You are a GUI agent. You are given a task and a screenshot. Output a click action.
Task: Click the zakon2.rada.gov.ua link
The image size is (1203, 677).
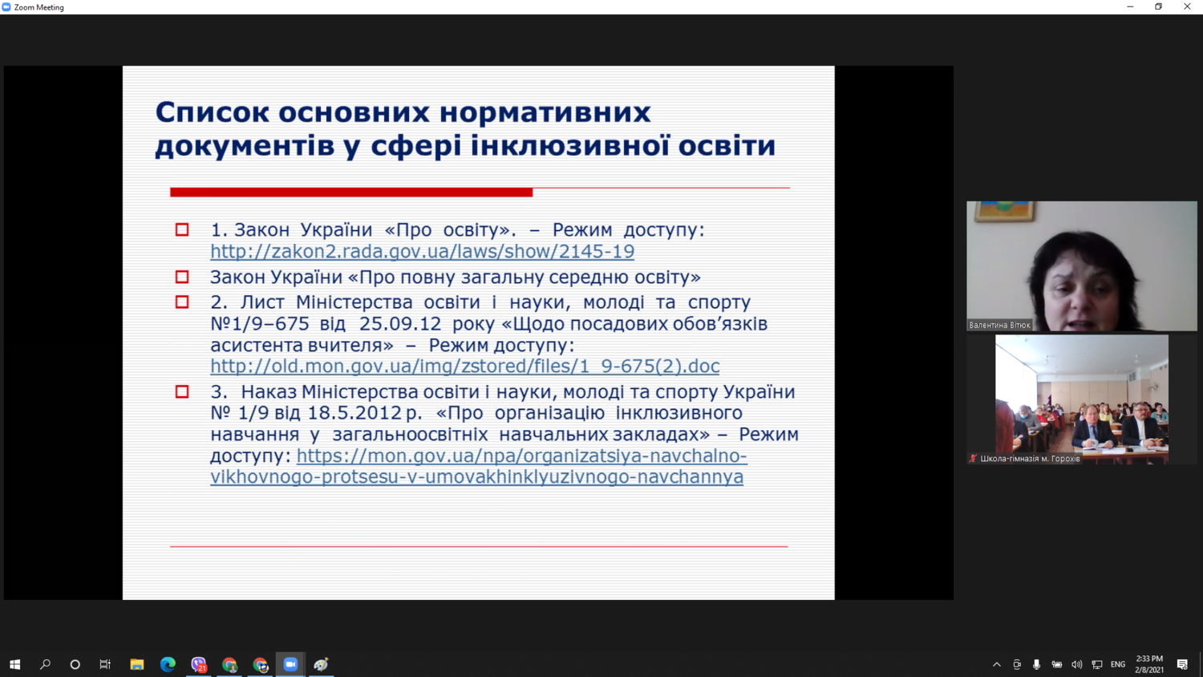(x=422, y=251)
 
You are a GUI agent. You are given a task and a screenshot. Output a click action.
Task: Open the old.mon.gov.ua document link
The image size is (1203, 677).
(x=464, y=366)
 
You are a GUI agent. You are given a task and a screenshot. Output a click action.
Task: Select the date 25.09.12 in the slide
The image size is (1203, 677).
(x=400, y=323)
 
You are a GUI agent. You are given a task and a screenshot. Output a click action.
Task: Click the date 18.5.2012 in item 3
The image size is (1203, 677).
(x=354, y=412)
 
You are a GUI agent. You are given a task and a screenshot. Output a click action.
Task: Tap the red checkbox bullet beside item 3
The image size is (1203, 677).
(x=182, y=391)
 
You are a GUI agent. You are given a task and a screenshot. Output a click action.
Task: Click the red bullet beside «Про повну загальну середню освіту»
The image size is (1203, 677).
(x=182, y=277)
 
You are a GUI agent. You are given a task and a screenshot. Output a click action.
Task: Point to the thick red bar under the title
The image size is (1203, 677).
(x=351, y=192)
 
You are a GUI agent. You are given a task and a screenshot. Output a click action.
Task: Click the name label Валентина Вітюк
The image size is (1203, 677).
(x=999, y=325)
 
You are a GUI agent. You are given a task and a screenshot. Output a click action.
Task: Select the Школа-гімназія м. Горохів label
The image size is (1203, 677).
(x=1030, y=458)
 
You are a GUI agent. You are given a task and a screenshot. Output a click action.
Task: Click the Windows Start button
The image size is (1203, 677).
(x=15, y=665)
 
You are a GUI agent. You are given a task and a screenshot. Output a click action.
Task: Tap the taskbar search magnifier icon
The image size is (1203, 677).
(x=45, y=665)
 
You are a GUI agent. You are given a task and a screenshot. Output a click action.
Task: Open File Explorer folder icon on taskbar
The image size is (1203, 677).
(x=137, y=665)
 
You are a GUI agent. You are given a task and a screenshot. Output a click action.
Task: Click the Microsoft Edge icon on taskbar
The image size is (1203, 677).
(x=168, y=665)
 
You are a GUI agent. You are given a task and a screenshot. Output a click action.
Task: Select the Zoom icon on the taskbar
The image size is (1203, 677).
(x=290, y=665)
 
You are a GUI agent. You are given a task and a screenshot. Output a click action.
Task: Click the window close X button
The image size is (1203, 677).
(x=1187, y=7)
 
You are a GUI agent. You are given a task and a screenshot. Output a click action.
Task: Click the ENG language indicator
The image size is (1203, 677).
(x=1118, y=665)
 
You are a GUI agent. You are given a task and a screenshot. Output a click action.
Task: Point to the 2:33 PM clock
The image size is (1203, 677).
(x=1149, y=659)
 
